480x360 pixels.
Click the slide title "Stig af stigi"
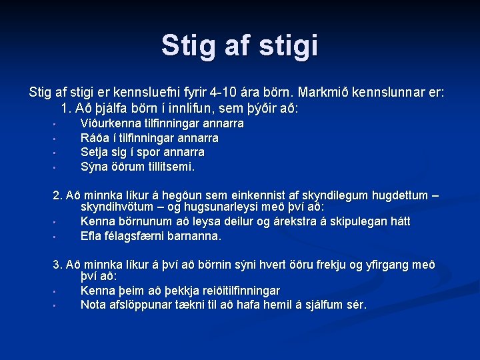tap(239, 45)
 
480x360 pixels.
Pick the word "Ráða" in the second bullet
tap(93, 138)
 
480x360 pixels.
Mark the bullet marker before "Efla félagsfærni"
tap(55, 237)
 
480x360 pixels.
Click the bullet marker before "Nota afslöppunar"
tap(55, 306)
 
